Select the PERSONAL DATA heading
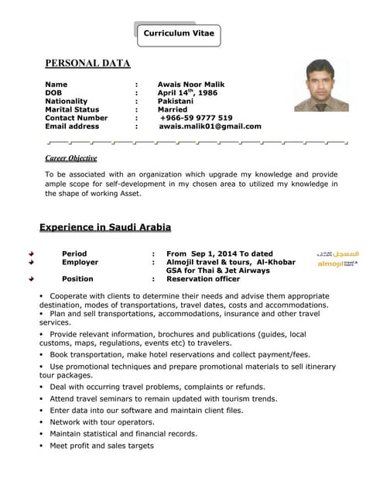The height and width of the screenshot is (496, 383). [87, 64]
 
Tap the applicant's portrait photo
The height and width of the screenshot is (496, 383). [321, 84]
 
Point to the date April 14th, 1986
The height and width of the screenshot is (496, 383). [187, 92]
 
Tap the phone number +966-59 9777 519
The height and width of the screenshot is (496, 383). [196, 118]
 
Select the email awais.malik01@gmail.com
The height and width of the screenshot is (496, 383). [210, 126]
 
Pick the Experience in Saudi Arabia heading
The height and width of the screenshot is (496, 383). [104, 227]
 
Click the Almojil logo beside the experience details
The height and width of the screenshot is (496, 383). [337, 260]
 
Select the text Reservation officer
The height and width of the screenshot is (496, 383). [203, 279]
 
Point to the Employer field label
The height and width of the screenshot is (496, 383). [80, 263]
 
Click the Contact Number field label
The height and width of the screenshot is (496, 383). [76, 118]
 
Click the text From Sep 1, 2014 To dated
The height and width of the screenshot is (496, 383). [219, 254]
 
